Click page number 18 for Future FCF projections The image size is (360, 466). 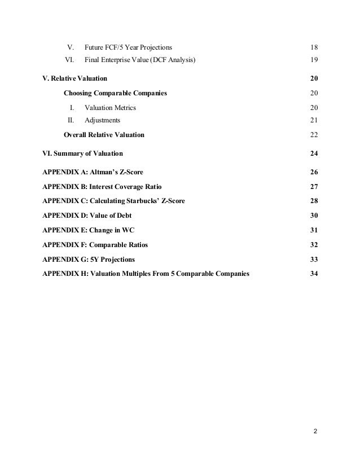coord(314,46)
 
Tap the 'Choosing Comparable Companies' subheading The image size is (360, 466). coord(115,93)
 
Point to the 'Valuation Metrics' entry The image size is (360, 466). coord(110,107)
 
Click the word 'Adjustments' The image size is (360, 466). coord(102,120)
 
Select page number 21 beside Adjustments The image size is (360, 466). coord(314,120)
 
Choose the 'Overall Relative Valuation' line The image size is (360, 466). coord(104,135)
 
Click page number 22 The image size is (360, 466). coord(314,135)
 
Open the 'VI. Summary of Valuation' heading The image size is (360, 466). coord(82,153)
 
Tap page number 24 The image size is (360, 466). coord(314,153)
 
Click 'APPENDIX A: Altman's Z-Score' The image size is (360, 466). coord(93,172)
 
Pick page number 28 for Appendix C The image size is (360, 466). coord(314,201)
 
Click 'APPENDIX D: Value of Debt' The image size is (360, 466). coord(86,216)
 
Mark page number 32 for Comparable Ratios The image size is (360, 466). coord(314,245)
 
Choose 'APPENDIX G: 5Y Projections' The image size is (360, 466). coord(89,260)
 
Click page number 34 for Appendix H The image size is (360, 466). coord(314,274)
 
